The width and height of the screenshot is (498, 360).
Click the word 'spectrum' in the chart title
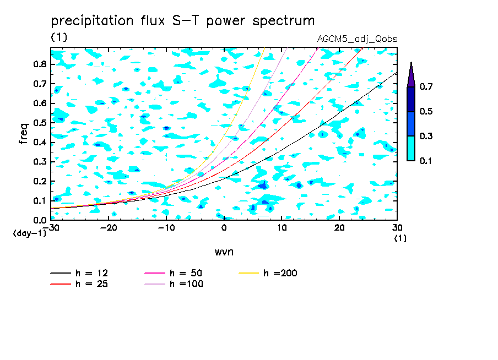283,21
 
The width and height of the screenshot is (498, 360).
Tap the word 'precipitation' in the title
92,21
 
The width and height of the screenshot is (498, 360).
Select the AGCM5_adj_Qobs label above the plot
357,39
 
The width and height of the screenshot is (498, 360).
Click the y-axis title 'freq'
24,134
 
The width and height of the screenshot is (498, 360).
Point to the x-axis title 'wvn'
224,252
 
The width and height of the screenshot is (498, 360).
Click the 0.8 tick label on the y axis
40,64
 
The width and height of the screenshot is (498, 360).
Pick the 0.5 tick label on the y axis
40,123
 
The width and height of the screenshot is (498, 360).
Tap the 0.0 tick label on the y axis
40,220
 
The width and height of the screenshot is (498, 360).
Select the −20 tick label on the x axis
109,228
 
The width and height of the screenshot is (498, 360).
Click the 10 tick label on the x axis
282,228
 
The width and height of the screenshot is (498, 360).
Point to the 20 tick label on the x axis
339,228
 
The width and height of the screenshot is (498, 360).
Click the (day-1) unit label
30,233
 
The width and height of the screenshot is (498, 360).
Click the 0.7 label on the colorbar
426,86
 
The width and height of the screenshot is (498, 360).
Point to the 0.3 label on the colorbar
426,136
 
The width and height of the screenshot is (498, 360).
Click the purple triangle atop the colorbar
411,75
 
